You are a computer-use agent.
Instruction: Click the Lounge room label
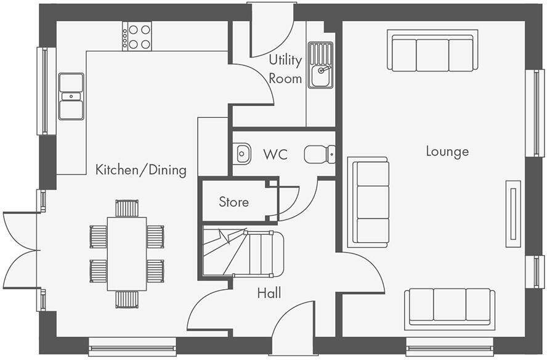point(447,152)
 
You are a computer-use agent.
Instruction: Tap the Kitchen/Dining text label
point(140,170)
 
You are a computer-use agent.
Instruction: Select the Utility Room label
point(285,69)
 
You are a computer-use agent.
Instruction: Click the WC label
point(275,154)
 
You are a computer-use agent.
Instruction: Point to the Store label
point(234,202)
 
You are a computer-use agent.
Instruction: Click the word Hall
point(269,293)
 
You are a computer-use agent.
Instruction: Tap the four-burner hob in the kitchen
point(137,36)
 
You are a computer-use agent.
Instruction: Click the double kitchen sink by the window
point(71,96)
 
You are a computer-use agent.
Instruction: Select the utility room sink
point(320,66)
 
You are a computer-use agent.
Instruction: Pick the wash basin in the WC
point(242,152)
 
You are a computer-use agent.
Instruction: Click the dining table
point(127,253)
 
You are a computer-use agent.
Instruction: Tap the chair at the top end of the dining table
point(127,208)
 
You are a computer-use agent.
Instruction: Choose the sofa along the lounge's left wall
point(368,202)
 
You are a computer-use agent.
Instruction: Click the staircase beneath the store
point(243,253)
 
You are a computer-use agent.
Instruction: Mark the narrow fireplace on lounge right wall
point(513,214)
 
